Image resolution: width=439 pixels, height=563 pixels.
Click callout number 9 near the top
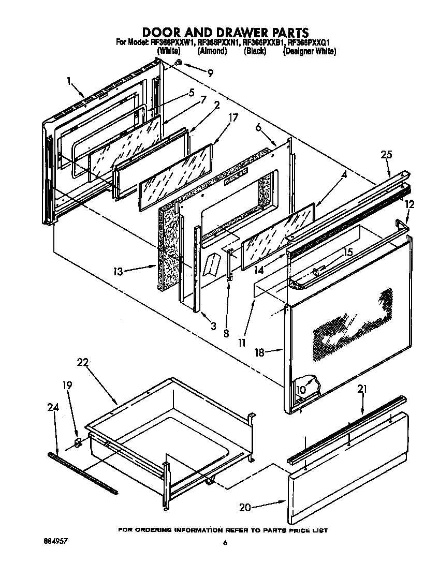(210, 73)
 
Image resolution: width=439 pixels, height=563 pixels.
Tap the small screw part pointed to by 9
(178, 63)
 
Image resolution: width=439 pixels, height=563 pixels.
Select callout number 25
(386, 155)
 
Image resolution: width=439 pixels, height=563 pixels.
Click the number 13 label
(119, 271)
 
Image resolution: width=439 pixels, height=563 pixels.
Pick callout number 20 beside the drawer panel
(245, 508)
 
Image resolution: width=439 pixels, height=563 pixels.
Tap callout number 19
(68, 385)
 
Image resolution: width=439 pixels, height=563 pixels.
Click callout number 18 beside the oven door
(260, 352)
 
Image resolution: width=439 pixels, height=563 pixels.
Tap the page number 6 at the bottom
(225, 543)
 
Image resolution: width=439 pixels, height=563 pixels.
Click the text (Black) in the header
(255, 51)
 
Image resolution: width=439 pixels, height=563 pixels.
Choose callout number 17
(233, 117)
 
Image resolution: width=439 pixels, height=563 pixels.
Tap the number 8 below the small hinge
(226, 334)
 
